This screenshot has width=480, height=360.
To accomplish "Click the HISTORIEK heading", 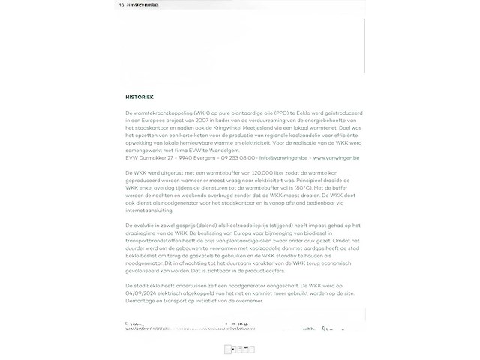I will click(x=139, y=97).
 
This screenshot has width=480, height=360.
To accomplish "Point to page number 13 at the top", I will click(x=121, y=5).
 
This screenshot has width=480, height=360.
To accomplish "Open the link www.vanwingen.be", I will click(x=336, y=158).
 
